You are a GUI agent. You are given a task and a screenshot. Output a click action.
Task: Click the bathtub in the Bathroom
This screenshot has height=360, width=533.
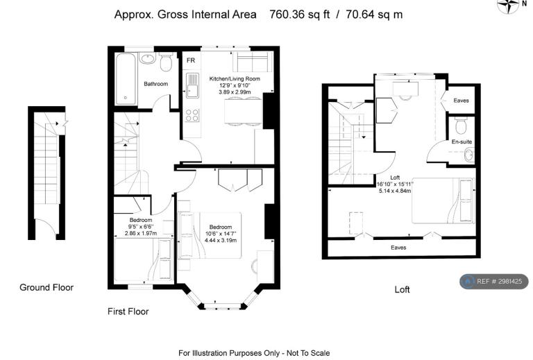pyautogui.click(x=126, y=79)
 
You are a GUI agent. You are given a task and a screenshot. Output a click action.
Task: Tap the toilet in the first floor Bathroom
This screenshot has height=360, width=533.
pyautogui.click(x=166, y=62)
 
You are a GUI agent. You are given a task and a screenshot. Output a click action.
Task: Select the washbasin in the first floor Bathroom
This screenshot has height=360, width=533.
pyautogui.click(x=147, y=58)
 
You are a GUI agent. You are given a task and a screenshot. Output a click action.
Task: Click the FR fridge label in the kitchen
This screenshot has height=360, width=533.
pyautogui.click(x=191, y=60)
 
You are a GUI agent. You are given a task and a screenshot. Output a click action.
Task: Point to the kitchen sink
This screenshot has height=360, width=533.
pyautogui.click(x=192, y=85)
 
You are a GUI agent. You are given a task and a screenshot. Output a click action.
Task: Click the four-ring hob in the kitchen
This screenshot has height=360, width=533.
pyautogui.click(x=192, y=115)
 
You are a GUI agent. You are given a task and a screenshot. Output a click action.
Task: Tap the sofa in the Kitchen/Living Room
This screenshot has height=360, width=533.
pyautogui.click(x=253, y=62)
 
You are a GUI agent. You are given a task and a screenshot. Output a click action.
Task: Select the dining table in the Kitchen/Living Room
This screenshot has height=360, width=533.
pyautogui.click(x=243, y=111)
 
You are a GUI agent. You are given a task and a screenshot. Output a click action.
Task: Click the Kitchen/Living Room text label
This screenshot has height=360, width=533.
pyautogui.click(x=235, y=79)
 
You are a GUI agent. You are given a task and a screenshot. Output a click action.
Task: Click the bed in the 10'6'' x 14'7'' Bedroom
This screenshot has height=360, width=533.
pyautogui.click(x=210, y=235)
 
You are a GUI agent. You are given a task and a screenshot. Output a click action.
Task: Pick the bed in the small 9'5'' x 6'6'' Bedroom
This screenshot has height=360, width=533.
pyautogui.click(x=143, y=260)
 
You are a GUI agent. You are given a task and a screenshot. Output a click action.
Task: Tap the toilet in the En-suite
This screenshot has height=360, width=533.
pyautogui.click(x=462, y=126)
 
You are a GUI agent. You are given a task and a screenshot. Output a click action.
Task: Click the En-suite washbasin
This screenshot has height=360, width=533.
pyautogui.click(x=469, y=155)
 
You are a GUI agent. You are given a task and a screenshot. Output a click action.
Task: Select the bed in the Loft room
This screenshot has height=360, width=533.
pyautogui.click(x=443, y=200)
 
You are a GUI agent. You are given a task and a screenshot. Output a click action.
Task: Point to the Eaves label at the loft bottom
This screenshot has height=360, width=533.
pyautogui.click(x=398, y=248)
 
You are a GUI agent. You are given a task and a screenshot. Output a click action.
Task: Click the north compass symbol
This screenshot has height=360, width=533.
pyautogui.click(x=509, y=5)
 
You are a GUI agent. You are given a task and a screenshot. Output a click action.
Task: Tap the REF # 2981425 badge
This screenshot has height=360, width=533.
pyautogui.click(x=494, y=281)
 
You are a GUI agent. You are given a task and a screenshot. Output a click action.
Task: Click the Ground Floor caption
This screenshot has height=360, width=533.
pyautogui.click(x=46, y=287)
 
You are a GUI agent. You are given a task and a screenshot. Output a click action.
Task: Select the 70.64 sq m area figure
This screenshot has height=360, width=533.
pyautogui.click(x=374, y=15)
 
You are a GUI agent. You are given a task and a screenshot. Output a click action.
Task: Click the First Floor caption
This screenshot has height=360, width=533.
pyautogui.click(x=128, y=311)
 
